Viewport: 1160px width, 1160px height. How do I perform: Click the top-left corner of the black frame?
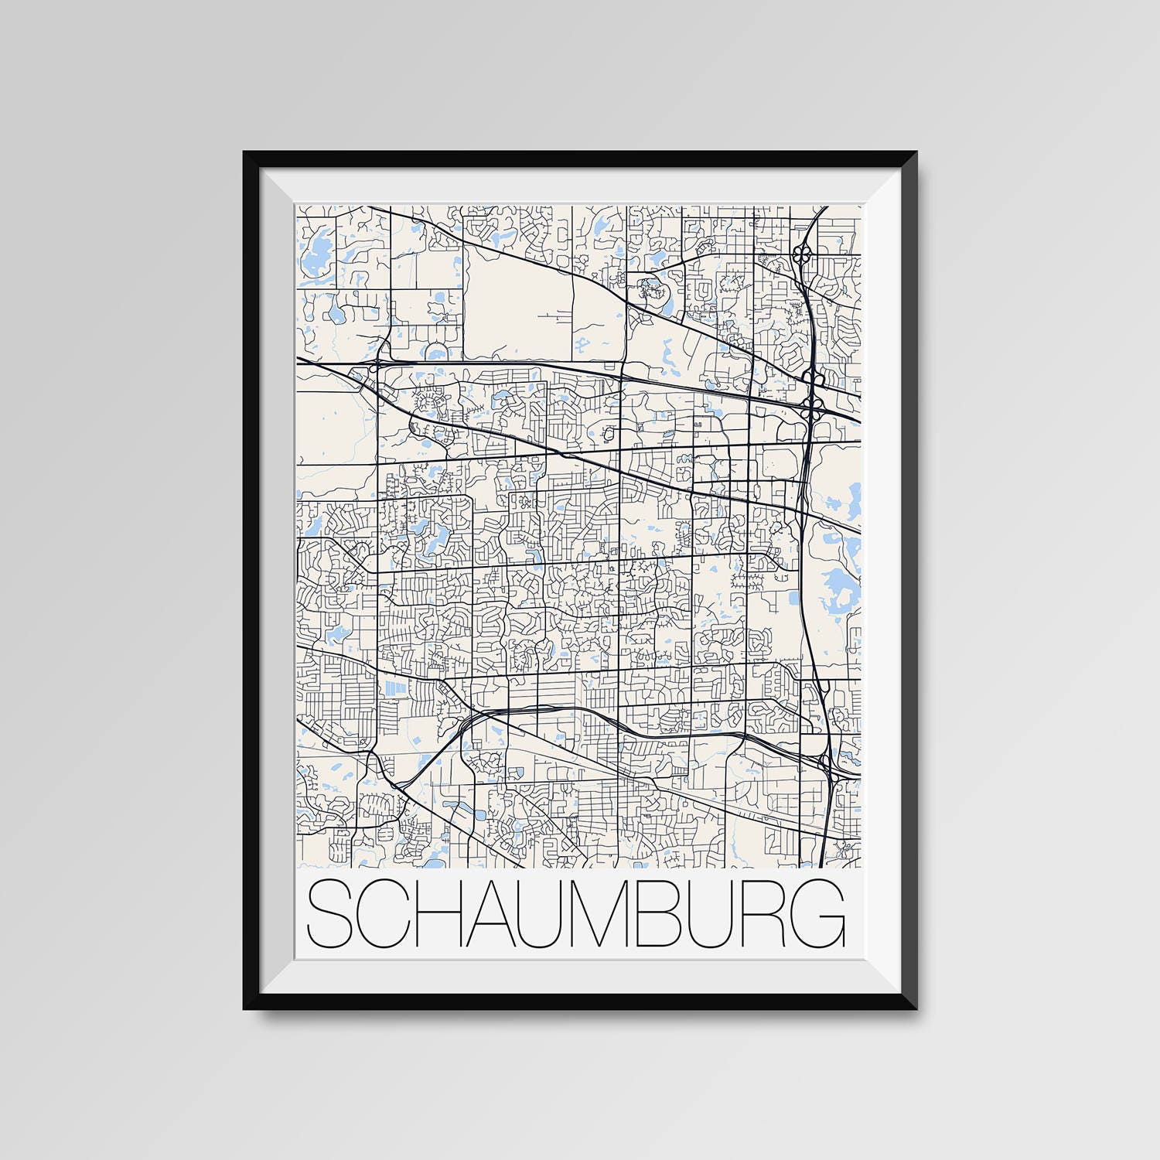click(246, 154)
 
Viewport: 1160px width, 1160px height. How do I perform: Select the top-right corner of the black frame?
click(915, 154)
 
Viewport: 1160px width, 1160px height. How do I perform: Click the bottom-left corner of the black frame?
click(246, 1007)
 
